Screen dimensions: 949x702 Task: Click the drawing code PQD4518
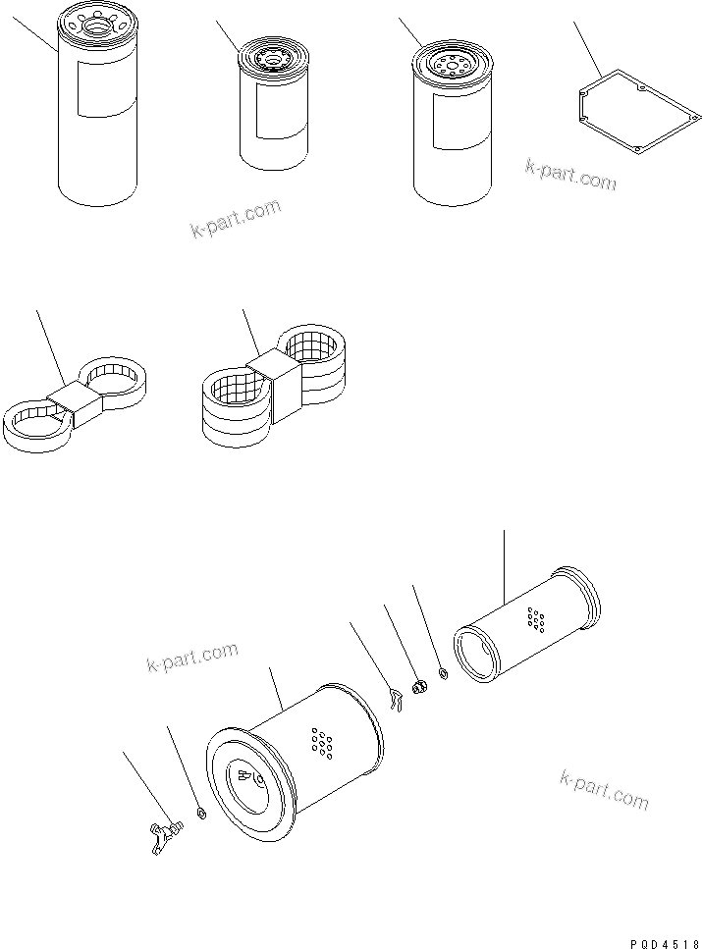click(661, 940)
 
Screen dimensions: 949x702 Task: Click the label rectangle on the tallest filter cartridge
click(105, 89)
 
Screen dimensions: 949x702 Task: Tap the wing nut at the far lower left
click(166, 832)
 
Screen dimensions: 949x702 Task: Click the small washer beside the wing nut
click(201, 814)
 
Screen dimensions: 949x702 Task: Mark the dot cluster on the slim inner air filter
click(536, 618)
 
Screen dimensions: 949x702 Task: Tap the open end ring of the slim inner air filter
click(480, 658)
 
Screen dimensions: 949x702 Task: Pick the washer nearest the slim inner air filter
click(443, 673)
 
